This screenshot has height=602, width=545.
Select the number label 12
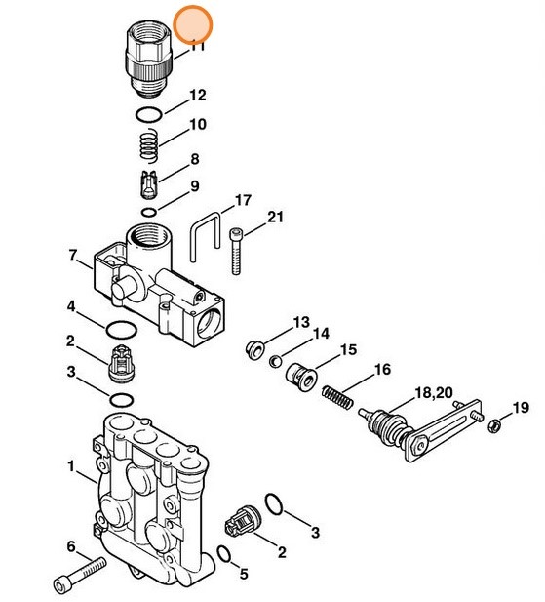[197, 96]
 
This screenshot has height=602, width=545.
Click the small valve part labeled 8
[147, 182]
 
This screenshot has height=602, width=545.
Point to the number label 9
[194, 185]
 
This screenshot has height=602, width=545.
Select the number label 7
[72, 256]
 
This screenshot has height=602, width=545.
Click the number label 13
[300, 322]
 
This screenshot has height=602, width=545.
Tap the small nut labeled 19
[495, 424]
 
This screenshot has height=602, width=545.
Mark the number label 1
[70, 466]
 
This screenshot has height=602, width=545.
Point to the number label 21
[275, 217]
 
